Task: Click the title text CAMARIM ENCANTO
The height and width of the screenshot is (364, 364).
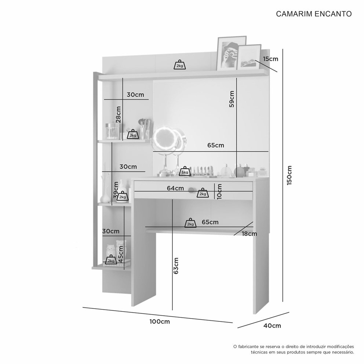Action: (x=314, y=14)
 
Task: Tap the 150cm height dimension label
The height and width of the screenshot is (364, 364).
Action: (x=289, y=175)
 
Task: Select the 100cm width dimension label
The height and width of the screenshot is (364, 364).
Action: (x=160, y=321)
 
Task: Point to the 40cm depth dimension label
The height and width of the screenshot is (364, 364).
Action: (x=272, y=326)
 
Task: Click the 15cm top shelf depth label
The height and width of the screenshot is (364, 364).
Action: (x=270, y=59)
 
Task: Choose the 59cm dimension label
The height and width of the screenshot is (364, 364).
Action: (x=232, y=99)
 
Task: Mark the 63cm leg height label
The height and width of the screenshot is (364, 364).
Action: (x=176, y=266)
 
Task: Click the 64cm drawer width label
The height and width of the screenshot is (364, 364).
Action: (x=175, y=188)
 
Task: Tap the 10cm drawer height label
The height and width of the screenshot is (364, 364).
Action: (x=219, y=191)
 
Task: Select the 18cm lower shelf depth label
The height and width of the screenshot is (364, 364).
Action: (x=250, y=234)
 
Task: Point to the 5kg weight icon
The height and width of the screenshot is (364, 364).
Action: (x=185, y=171)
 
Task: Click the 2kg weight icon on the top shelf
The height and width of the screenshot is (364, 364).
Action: (x=180, y=65)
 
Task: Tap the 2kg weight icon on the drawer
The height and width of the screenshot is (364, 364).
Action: (x=203, y=193)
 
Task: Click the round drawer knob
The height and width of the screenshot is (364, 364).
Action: (x=191, y=190)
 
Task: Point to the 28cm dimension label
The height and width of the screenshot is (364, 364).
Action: (x=119, y=114)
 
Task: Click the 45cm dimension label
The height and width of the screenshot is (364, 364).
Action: (x=121, y=254)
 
